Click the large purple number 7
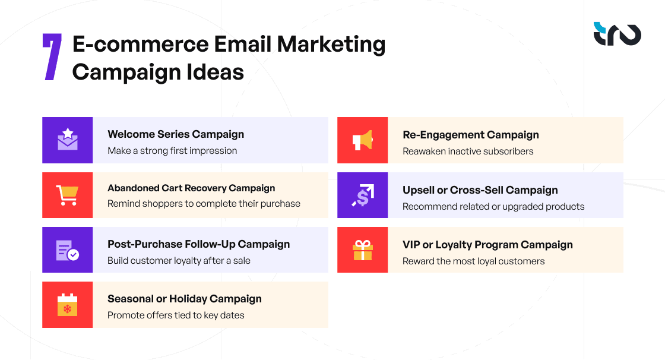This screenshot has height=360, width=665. pyautogui.click(x=52, y=57)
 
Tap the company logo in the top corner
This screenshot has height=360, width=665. pyautogui.click(x=617, y=34)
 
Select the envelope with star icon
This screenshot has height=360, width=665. pyautogui.click(x=67, y=140)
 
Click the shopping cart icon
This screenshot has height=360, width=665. pyautogui.click(x=67, y=195)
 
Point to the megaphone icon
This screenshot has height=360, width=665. pyautogui.click(x=362, y=140)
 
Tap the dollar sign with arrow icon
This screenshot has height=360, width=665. pyautogui.click(x=362, y=195)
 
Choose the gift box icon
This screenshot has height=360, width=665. pyautogui.click(x=362, y=250)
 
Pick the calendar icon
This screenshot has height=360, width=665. pyautogui.click(x=67, y=304)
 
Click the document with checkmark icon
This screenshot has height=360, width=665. pyautogui.click(x=67, y=250)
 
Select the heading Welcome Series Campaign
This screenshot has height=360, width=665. pyautogui.click(x=176, y=134)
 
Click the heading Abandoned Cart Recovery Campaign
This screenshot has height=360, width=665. pyautogui.click(x=191, y=188)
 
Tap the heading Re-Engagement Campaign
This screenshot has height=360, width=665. pyautogui.click(x=471, y=135)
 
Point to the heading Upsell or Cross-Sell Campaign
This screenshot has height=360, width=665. pyautogui.click(x=480, y=190)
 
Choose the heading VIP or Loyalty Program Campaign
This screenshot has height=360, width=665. pyautogui.click(x=487, y=245)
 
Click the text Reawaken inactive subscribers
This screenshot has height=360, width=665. pyautogui.click(x=468, y=151)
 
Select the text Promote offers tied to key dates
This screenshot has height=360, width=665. pyautogui.click(x=176, y=315)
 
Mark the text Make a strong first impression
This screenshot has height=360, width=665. pyautogui.click(x=172, y=151)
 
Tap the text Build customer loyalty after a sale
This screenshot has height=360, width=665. pyautogui.click(x=179, y=260)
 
